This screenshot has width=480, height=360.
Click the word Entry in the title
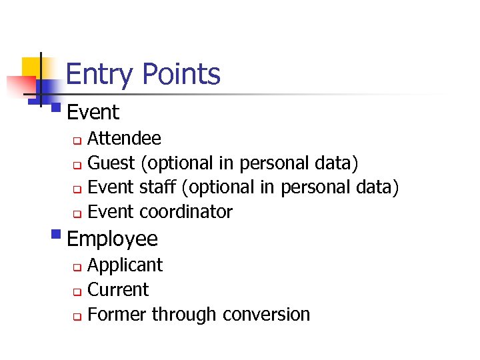(99, 74)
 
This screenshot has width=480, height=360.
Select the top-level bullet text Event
(93, 112)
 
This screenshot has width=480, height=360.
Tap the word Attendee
(124, 138)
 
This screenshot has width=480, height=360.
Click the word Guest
(111, 163)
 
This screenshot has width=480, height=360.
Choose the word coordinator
(186, 212)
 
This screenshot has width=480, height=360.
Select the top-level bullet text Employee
(113, 239)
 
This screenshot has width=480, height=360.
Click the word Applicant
(125, 265)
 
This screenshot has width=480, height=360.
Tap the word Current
(118, 289)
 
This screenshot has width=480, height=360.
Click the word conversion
(267, 314)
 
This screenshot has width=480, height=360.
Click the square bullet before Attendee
(77, 140)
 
